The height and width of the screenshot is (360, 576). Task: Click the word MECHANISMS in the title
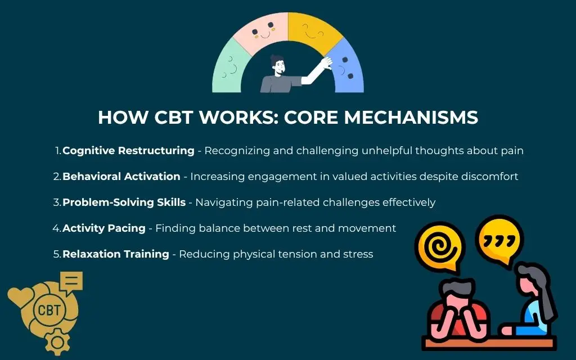(x=411, y=118)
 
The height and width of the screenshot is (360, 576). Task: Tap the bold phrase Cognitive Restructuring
(x=129, y=151)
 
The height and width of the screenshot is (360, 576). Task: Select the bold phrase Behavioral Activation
(x=121, y=176)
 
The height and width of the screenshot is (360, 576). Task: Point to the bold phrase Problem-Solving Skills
(x=124, y=202)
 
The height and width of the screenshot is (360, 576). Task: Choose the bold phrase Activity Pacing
(x=104, y=228)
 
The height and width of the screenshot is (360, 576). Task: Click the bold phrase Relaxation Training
(x=116, y=254)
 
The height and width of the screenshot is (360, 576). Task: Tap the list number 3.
(x=56, y=202)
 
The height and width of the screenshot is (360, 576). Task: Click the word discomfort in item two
(x=489, y=176)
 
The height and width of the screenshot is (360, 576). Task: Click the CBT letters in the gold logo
(x=49, y=310)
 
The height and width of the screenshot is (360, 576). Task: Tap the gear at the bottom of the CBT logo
(x=57, y=343)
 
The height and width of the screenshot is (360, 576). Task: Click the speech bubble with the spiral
(x=440, y=246)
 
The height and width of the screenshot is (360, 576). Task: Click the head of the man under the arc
(x=278, y=65)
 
